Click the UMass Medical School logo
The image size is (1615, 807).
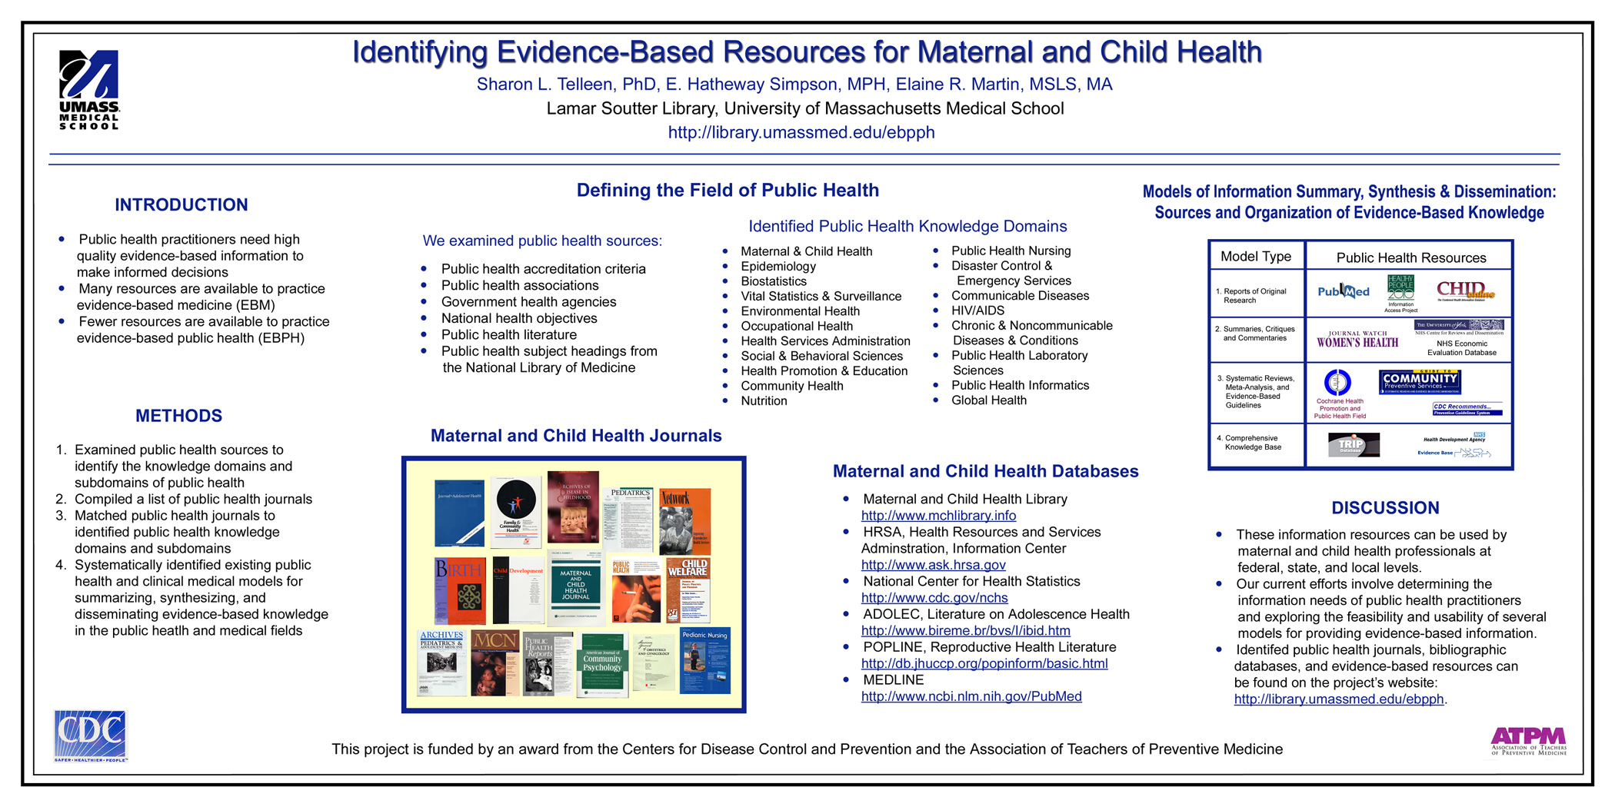click(89, 89)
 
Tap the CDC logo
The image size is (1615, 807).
click(90, 736)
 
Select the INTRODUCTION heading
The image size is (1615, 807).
click(181, 205)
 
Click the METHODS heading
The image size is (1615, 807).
click(178, 416)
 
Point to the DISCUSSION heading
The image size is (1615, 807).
click(1385, 508)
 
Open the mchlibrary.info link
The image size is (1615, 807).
click(938, 516)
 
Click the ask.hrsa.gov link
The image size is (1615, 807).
click(933, 565)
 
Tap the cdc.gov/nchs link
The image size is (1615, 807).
click(934, 598)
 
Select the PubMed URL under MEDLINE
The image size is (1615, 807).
click(971, 696)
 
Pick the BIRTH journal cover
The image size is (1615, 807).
click(460, 590)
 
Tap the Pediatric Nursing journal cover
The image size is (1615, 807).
click(704, 660)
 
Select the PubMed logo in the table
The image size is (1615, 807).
click(1343, 291)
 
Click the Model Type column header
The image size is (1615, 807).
click(1256, 257)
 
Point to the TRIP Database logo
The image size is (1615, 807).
click(1353, 445)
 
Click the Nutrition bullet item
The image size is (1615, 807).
click(764, 401)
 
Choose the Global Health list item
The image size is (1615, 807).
click(988, 400)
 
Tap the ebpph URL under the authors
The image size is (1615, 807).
click(801, 132)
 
